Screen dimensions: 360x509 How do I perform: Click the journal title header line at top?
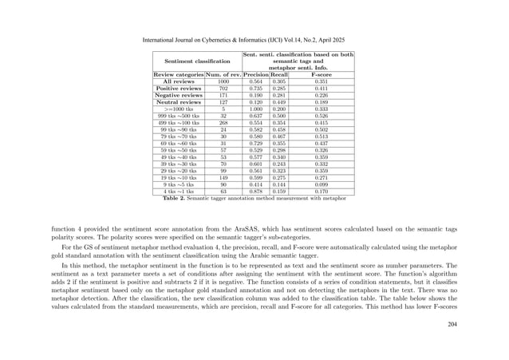(x=254, y=38)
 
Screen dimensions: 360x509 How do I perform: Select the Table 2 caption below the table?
(x=254, y=198)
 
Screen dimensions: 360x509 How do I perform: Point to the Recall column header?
(x=279, y=74)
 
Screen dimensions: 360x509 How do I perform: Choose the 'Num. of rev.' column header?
(x=223, y=74)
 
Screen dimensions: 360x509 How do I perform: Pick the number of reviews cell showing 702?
(x=223, y=89)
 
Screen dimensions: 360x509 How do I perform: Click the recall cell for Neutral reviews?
(x=279, y=103)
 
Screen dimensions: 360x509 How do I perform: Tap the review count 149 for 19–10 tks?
(x=223, y=176)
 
